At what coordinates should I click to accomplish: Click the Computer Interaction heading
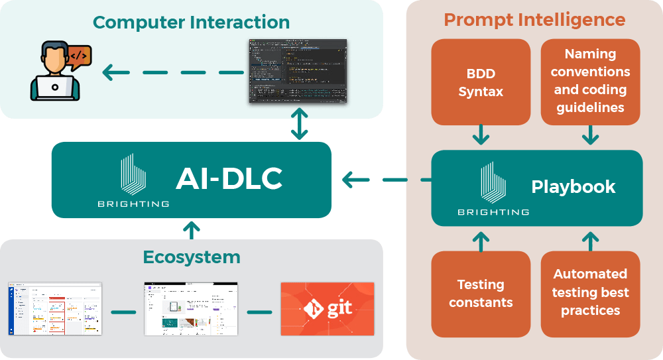click(x=191, y=22)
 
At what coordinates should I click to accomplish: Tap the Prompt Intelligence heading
click(x=534, y=19)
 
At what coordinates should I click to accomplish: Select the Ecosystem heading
click(x=192, y=257)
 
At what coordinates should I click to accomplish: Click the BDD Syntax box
click(x=481, y=82)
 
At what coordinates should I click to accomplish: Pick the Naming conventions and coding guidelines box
click(x=590, y=81)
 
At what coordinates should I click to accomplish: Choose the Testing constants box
click(x=481, y=293)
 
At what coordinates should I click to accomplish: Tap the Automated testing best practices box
click(x=590, y=292)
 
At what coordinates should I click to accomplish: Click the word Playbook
click(x=573, y=187)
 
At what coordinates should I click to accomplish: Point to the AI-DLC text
click(x=229, y=178)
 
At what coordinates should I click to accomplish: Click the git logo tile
click(x=327, y=309)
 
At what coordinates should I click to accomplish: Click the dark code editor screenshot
click(x=298, y=71)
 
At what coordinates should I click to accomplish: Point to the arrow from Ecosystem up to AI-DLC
click(x=191, y=229)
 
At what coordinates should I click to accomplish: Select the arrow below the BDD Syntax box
click(x=481, y=135)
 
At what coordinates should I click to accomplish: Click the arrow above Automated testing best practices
click(x=590, y=241)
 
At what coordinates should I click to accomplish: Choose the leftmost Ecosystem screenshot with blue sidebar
click(x=55, y=309)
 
